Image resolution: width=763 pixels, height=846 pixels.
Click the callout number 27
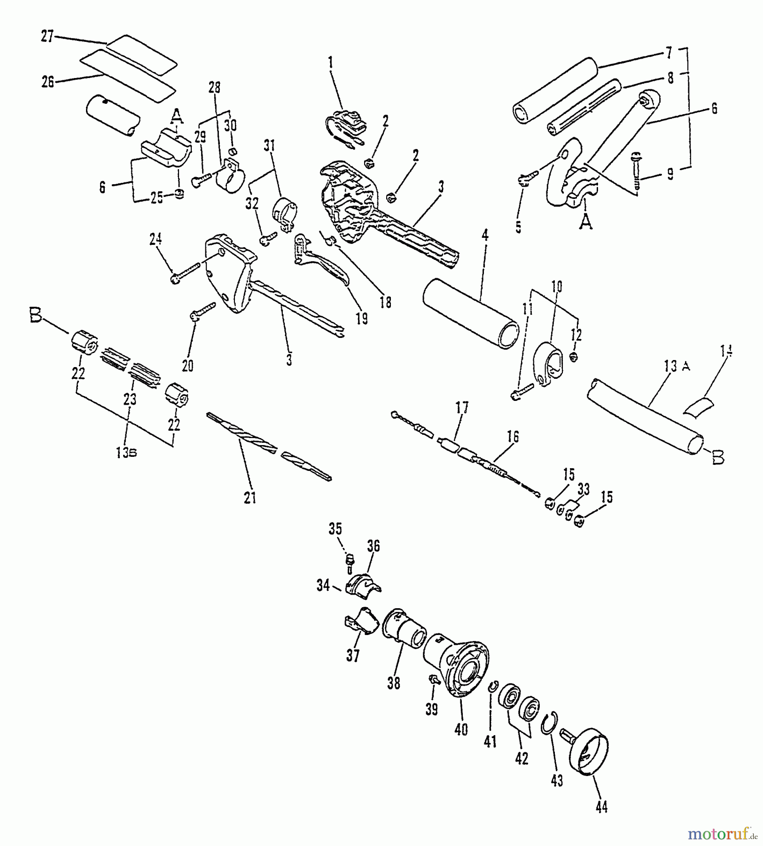point(47,36)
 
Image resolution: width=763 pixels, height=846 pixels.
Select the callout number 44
point(601,807)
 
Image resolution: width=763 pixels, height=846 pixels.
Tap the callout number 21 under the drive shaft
point(250,498)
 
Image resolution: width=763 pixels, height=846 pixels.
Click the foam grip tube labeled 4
point(470,313)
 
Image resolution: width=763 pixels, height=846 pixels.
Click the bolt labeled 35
point(349,561)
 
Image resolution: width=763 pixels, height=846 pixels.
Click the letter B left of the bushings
point(36,318)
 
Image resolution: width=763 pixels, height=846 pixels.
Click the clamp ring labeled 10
point(549,364)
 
